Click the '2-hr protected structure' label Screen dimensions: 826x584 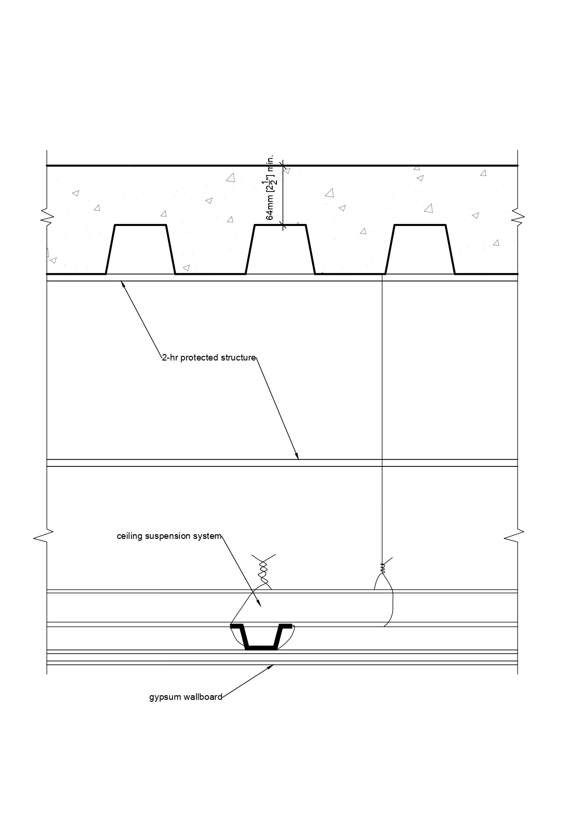(209, 358)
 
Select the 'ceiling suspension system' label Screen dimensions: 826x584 (169, 536)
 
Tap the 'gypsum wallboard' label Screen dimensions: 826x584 (186, 697)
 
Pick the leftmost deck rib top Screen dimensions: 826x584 (141, 225)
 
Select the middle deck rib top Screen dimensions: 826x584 (280, 225)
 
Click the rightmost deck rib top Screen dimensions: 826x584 (420, 225)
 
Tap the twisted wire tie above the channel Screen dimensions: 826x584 (263, 571)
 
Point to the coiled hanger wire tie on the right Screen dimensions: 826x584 (382, 568)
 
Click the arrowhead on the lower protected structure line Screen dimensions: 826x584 (297, 456)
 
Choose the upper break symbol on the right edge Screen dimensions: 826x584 (518, 217)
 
